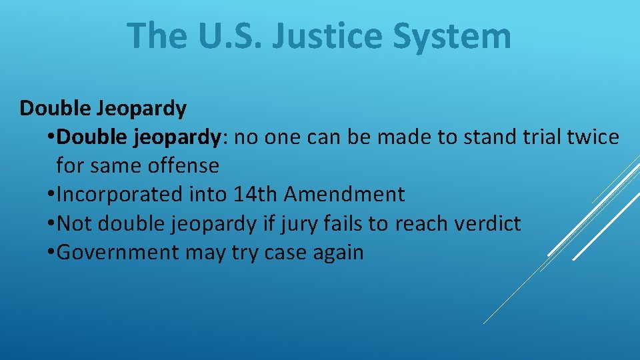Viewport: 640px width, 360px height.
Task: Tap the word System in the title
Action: click(x=452, y=36)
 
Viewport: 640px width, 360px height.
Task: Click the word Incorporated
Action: click(x=119, y=195)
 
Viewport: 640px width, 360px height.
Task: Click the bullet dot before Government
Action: click(x=52, y=253)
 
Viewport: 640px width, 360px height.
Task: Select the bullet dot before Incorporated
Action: click(x=52, y=195)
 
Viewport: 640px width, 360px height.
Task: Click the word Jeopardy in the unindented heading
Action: click(x=145, y=108)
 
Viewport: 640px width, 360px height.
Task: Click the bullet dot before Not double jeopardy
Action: click(x=52, y=224)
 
